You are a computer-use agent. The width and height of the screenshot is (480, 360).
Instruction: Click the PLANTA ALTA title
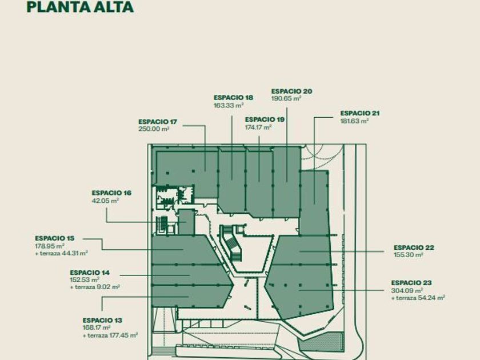click(80, 7)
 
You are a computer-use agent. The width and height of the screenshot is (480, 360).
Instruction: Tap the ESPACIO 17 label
click(158, 122)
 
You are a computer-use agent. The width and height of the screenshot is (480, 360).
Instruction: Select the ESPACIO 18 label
click(233, 98)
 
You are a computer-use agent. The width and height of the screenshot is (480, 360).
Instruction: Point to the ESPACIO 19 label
click(265, 119)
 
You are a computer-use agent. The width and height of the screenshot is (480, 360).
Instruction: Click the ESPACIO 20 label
click(291, 91)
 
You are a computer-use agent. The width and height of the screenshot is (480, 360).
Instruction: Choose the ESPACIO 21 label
click(360, 113)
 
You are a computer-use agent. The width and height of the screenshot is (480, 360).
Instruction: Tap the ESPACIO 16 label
click(111, 193)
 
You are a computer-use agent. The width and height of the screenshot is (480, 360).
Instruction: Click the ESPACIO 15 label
click(54, 238)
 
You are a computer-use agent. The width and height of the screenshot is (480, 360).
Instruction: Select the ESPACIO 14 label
click(90, 273)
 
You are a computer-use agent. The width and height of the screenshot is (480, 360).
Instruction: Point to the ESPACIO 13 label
click(102, 321)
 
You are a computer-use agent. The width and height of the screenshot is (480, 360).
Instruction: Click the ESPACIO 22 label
click(414, 247)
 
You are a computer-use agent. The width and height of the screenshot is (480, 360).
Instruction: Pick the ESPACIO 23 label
click(411, 283)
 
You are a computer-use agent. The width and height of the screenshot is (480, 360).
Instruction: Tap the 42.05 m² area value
click(105, 201)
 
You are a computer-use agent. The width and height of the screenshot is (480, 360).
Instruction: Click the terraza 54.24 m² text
click(420, 298)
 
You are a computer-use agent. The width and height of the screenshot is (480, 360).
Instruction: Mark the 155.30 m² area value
click(408, 255)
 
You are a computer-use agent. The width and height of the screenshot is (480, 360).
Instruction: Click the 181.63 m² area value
click(355, 121)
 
